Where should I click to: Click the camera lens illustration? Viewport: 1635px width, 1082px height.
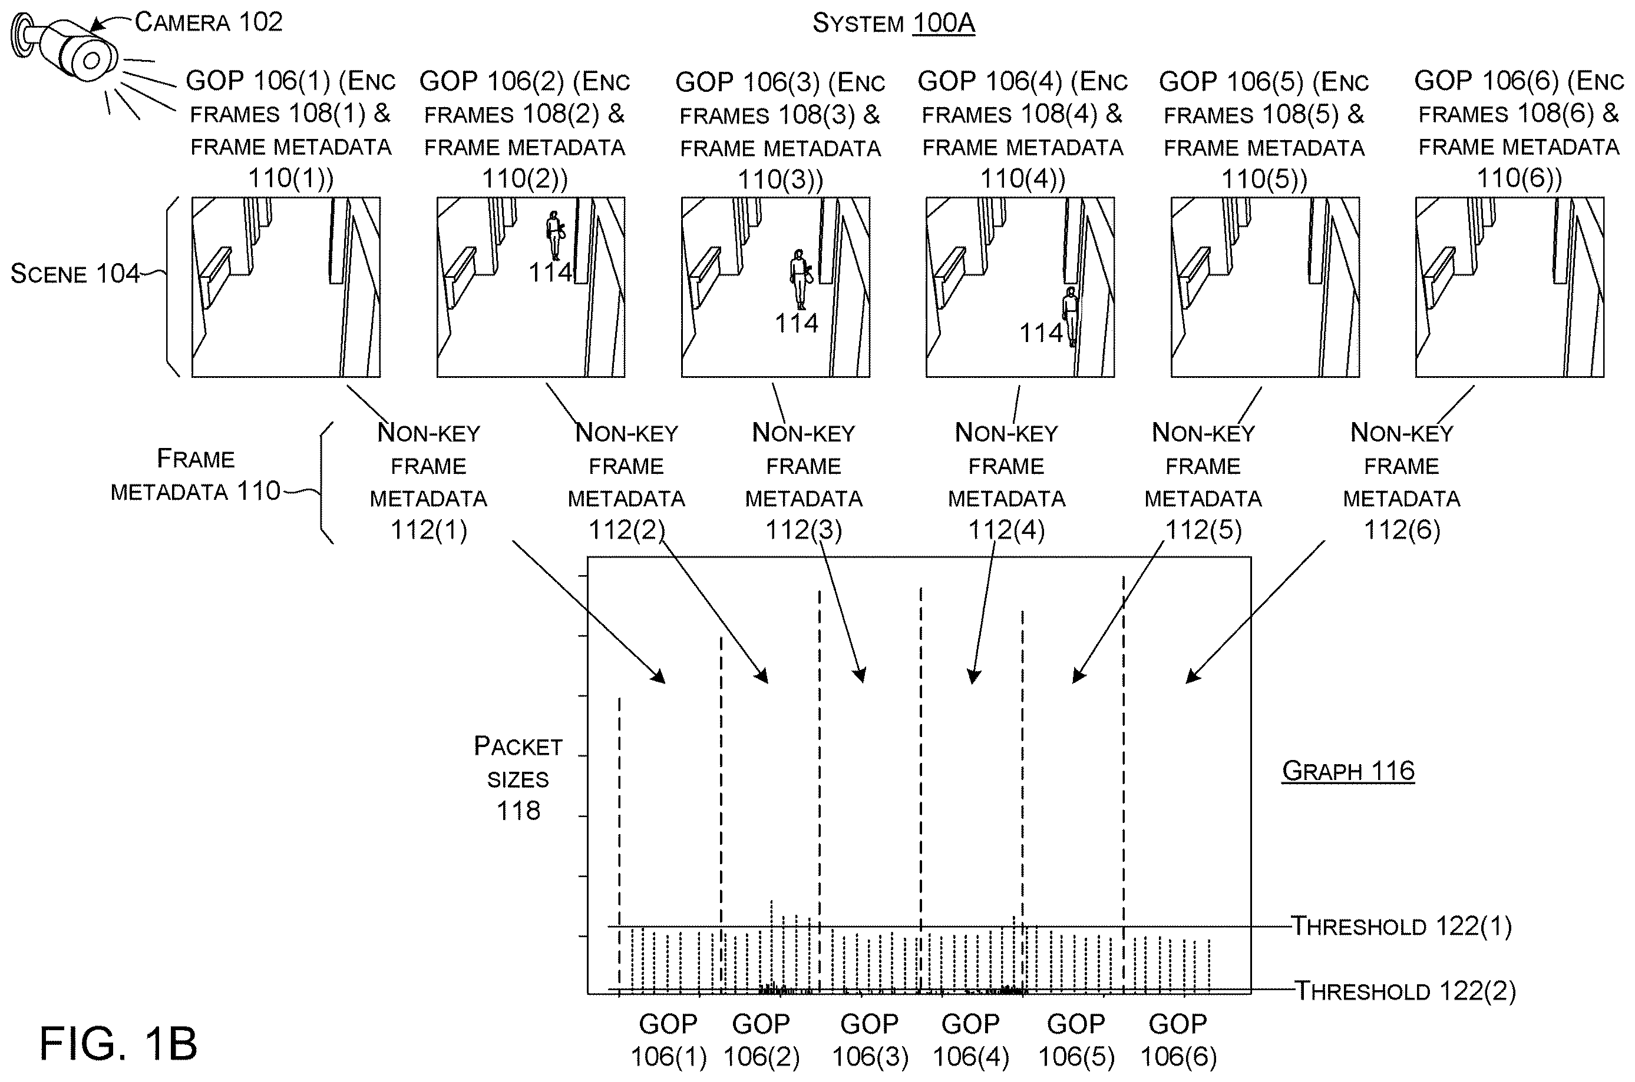pos(91,61)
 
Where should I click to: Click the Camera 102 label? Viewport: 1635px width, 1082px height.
pos(209,22)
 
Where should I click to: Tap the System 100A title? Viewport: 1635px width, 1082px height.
pos(893,24)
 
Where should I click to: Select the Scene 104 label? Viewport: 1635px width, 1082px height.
pos(75,274)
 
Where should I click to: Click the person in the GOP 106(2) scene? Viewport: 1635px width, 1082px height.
pos(554,235)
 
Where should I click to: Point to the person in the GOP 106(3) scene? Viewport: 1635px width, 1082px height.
pos(800,280)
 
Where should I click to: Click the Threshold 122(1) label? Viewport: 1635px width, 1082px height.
pos(1402,926)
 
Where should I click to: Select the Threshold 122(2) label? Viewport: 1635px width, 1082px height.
pos(1405,991)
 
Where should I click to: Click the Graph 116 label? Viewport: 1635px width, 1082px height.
pos(1348,770)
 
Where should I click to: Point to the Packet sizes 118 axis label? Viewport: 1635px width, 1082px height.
pos(518,778)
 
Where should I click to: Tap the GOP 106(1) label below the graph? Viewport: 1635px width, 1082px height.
pos(668,1040)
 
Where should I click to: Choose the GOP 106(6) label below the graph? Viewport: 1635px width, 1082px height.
pos(1178,1040)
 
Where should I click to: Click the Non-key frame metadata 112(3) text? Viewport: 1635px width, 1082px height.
pos(804,482)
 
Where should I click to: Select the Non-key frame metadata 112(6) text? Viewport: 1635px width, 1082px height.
pos(1402,482)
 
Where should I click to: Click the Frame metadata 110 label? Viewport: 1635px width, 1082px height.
pos(196,474)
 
